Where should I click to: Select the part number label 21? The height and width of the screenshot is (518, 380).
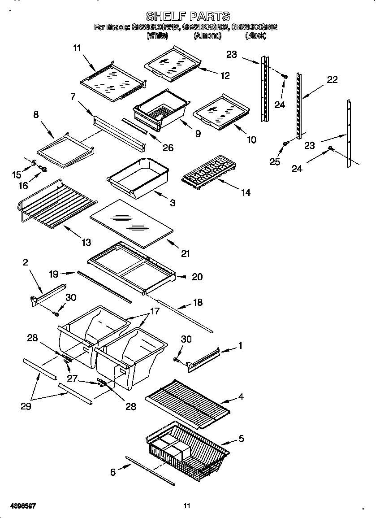185,253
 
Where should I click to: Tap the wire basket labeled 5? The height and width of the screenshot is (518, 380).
188,451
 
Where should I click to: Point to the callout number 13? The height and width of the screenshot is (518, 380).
86,243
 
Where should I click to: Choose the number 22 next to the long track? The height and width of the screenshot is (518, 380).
332,80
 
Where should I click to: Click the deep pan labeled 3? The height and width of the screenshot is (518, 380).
138,177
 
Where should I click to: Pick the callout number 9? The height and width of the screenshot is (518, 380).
198,134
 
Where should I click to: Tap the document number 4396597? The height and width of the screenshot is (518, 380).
19,506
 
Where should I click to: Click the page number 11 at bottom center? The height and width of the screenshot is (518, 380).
187,506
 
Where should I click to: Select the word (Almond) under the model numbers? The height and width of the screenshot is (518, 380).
207,36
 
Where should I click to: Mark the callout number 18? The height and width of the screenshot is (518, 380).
197,302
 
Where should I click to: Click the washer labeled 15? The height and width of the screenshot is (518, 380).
35,162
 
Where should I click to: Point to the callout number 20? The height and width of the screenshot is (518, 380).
197,277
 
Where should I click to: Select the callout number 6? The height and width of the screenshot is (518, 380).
113,471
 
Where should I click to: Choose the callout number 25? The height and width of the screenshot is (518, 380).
274,161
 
